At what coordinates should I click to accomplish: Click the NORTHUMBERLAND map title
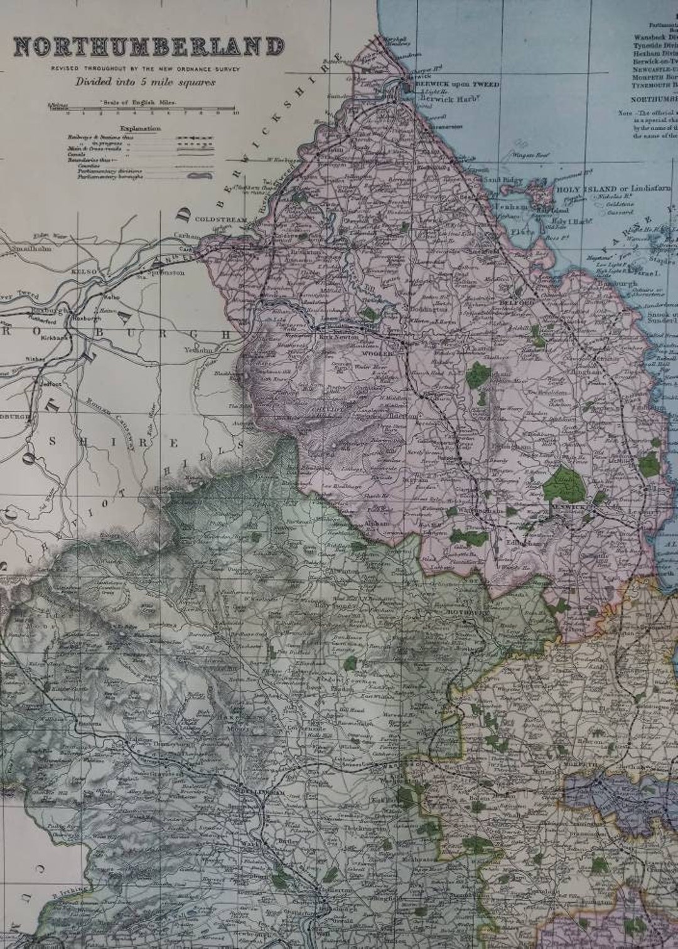click(x=149, y=48)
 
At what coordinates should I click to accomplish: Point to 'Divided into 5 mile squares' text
click(x=145, y=82)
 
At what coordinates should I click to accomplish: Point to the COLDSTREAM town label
click(x=214, y=220)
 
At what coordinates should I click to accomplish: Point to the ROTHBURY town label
click(x=462, y=612)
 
